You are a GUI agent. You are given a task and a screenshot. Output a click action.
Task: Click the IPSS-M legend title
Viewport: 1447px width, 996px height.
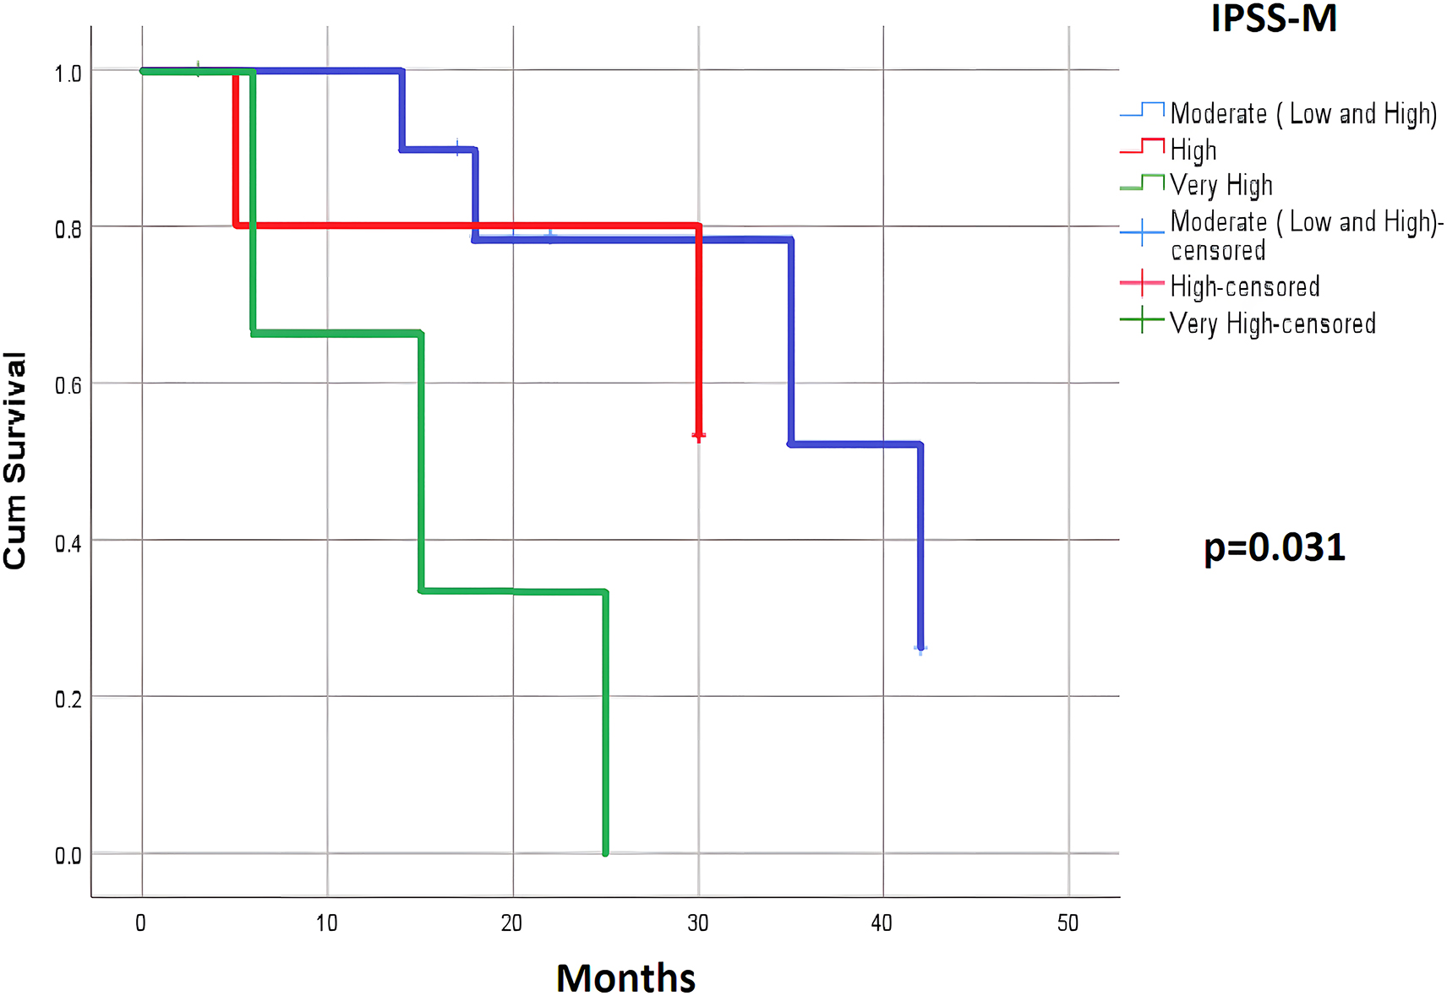click(x=1273, y=19)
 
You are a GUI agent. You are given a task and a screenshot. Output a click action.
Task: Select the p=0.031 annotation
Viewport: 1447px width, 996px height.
click(x=1274, y=547)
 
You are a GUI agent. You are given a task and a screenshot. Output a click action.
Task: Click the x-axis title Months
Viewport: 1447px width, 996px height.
click(x=625, y=978)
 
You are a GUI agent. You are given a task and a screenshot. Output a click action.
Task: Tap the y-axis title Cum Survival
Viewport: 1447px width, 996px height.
click(x=15, y=460)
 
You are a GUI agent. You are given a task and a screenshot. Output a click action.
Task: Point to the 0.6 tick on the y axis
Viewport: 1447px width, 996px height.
click(x=68, y=386)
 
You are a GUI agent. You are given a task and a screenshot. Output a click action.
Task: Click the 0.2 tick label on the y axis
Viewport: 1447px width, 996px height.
click(x=68, y=699)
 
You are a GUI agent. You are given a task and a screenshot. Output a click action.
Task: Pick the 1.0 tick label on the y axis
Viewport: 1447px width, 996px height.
click(x=68, y=74)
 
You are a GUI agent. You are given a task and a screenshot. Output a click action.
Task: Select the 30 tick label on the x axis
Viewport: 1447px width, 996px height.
click(x=697, y=923)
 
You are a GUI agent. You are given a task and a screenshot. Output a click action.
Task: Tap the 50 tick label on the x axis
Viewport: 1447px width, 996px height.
click(x=1068, y=923)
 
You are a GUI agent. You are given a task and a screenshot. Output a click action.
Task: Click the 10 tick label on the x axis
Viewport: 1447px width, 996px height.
click(x=326, y=923)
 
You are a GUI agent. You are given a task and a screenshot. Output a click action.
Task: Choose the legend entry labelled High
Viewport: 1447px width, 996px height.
click(x=1193, y=150)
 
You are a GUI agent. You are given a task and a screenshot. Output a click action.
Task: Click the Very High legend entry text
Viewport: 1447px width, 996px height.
click(x=1220, y=185)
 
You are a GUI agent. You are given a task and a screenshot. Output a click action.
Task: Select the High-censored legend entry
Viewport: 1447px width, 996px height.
click(x=1244, y=287)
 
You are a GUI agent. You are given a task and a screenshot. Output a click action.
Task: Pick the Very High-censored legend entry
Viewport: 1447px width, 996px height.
click(x=1272, y=324)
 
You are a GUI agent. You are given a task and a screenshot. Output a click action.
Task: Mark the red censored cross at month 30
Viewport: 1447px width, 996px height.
click(x=699, y=436)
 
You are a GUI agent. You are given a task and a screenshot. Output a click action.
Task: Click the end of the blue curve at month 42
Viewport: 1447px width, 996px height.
click(x=920, y=648)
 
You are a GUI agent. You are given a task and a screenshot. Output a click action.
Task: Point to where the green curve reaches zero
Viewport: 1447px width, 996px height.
click(x=605, y=852)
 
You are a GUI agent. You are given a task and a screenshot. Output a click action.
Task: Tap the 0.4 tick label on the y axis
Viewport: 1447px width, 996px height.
click(x=68, y=543)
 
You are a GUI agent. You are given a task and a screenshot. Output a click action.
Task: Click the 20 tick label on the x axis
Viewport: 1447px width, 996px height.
click(x=511, y=923)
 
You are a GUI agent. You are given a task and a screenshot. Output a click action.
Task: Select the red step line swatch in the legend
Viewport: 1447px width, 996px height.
click(x=1142, y=146)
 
